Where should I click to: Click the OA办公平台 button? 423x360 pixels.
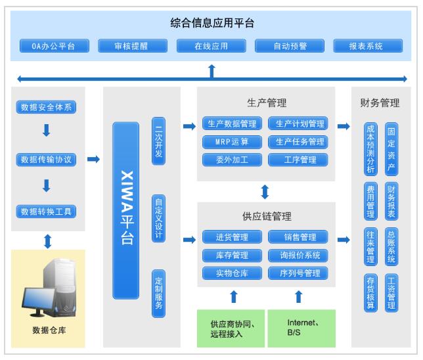coord(55,46)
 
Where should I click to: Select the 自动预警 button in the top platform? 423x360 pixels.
coord(290,46)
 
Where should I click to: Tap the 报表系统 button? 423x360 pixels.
coord(368,46)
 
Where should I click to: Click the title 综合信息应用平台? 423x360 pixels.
coord(212,23)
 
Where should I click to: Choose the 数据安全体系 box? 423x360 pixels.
coord(46,107)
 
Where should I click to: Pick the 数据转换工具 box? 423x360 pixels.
coord(46,212)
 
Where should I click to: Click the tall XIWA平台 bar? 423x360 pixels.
coord(126,210)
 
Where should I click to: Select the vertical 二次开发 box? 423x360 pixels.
coord(159,141)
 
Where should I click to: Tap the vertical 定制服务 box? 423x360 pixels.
coord(159,294)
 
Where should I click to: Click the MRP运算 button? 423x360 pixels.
coord(232,142)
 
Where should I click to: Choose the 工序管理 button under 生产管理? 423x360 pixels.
coord(298,160)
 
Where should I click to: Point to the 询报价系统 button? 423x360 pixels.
coord(298,255)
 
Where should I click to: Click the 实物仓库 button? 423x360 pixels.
coord(232,273)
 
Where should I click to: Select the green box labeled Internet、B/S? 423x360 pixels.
coord(301,328)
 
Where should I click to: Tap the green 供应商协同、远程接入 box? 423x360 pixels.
coord(231,328)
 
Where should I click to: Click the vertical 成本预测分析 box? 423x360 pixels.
coord(370,149)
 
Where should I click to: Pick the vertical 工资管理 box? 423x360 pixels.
coord(391,293)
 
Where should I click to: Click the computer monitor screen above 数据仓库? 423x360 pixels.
coord(38,298)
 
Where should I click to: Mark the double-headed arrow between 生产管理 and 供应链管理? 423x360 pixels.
coord(265,192)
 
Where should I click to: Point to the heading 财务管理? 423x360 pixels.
coord(380,103)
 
